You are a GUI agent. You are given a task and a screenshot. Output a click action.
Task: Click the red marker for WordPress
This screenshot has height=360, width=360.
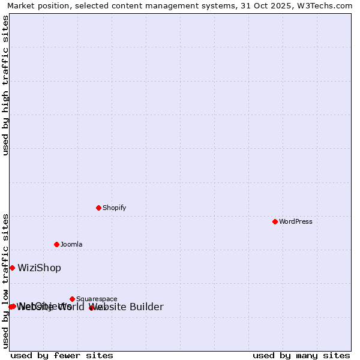(275, 221)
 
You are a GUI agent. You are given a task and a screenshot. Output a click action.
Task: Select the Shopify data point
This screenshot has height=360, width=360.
(98, 208)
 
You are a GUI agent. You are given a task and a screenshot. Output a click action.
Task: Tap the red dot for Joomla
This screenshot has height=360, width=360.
(56, 244)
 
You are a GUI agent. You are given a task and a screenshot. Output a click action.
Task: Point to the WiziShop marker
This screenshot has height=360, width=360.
(12, 268)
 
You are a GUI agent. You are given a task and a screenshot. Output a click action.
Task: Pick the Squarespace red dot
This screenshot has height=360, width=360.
(72, 299)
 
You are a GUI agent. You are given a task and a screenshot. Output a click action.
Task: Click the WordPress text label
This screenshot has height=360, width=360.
(296, 221)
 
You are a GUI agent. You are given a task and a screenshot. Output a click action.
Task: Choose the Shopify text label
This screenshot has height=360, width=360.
(114, 208)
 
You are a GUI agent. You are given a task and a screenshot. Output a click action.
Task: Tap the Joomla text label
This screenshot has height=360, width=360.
(71, 244)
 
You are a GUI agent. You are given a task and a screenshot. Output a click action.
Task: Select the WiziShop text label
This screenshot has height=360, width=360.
(39, 268)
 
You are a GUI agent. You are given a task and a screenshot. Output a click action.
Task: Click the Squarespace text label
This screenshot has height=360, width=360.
(97, 299)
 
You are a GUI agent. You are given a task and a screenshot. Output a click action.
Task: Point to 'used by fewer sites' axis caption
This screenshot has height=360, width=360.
(62, 355)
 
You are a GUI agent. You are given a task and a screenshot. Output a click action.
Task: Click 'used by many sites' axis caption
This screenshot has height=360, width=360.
(301, 355)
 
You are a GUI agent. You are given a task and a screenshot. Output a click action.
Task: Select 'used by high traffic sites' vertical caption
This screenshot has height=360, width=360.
(5, 85)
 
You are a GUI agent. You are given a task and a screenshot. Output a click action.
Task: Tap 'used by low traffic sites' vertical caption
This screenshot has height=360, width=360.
(5, 280)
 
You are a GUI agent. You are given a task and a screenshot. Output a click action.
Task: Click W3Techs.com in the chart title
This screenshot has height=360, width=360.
(329, 5)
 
